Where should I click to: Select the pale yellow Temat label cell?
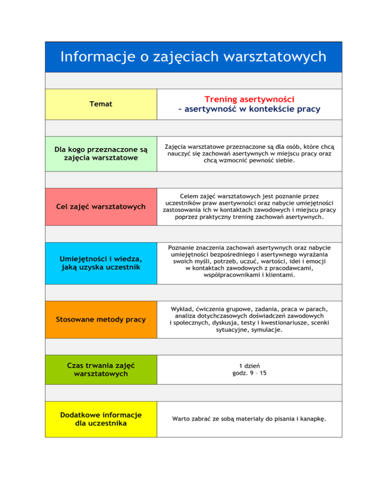[101, 104]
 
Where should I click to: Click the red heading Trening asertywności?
[250, 100]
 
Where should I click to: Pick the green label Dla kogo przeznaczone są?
[101, 149]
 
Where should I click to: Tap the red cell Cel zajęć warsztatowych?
[101, 207]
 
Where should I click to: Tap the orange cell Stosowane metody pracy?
[101, 319]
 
